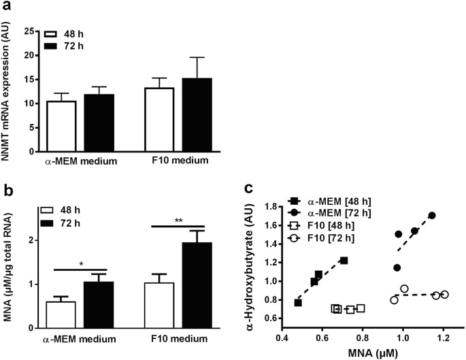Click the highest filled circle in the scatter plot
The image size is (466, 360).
[x=431, y=215]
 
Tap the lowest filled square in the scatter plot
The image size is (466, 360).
[x=298, y=302]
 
